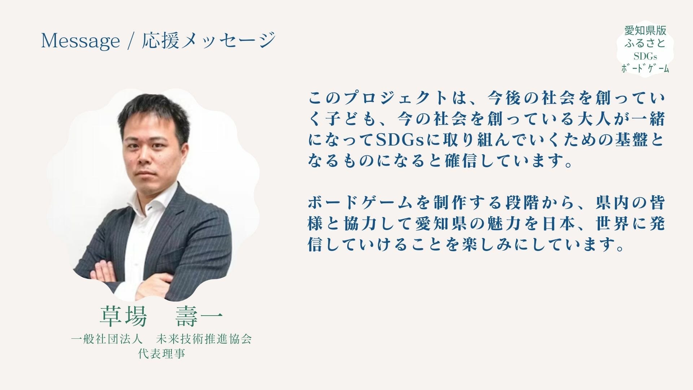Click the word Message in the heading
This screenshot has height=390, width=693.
click(80, 40)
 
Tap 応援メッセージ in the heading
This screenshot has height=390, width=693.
click(209, 40)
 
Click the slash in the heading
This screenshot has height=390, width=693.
click(130, 40)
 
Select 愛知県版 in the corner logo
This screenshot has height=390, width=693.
click(645, 30)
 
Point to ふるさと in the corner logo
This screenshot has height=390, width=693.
click(645, 43)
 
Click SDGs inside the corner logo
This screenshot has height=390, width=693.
click(645, 56)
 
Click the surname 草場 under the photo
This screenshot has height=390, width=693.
click(123, 316)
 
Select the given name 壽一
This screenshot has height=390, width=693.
click(199, 316)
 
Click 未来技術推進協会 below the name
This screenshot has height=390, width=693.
click(204, 339)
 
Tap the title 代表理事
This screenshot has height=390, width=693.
click(162, 354)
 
